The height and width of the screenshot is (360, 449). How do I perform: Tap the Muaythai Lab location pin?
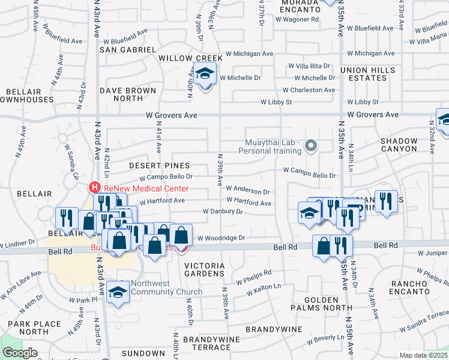tap(310, 145)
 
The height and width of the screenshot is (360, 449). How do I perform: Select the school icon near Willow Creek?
tap(205, 74)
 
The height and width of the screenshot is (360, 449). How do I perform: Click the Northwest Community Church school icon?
tap(118, 292)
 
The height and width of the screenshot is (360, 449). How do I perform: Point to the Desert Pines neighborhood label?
tap(160, 165)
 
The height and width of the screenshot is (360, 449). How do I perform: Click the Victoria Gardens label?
tap(204, 270)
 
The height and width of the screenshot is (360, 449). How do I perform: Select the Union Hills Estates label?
tap(368, 74)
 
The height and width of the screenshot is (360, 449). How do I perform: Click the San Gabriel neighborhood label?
tap(128, 49)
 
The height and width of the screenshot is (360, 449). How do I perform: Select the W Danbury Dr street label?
tap(222, 211)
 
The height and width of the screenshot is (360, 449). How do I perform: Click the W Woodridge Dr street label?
tap(221, 238)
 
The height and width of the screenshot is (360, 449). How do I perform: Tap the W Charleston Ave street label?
tap(309, 90)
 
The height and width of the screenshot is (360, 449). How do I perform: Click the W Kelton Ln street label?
tap(259, 288)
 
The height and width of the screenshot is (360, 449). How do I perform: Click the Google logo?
tap(20, 353)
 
